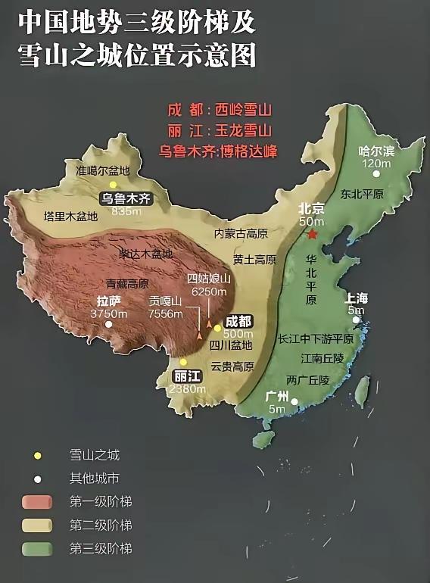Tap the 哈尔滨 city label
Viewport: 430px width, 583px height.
(376, 151)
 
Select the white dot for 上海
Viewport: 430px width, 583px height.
(356, 320)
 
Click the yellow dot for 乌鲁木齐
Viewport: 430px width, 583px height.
(113, 184)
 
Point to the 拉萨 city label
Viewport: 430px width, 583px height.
(109, 300)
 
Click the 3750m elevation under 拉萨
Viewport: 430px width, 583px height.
(107, 313)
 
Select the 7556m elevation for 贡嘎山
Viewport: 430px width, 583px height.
(166, 313)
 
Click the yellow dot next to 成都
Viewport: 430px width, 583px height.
(217, 328)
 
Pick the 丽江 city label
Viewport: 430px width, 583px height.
(187, 376)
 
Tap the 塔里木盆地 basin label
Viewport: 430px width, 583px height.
(70, 216)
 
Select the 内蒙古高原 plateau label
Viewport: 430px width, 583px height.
(241, 233)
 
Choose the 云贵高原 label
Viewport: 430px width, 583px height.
(232, 366)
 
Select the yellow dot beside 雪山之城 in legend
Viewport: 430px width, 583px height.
(37, 456)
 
